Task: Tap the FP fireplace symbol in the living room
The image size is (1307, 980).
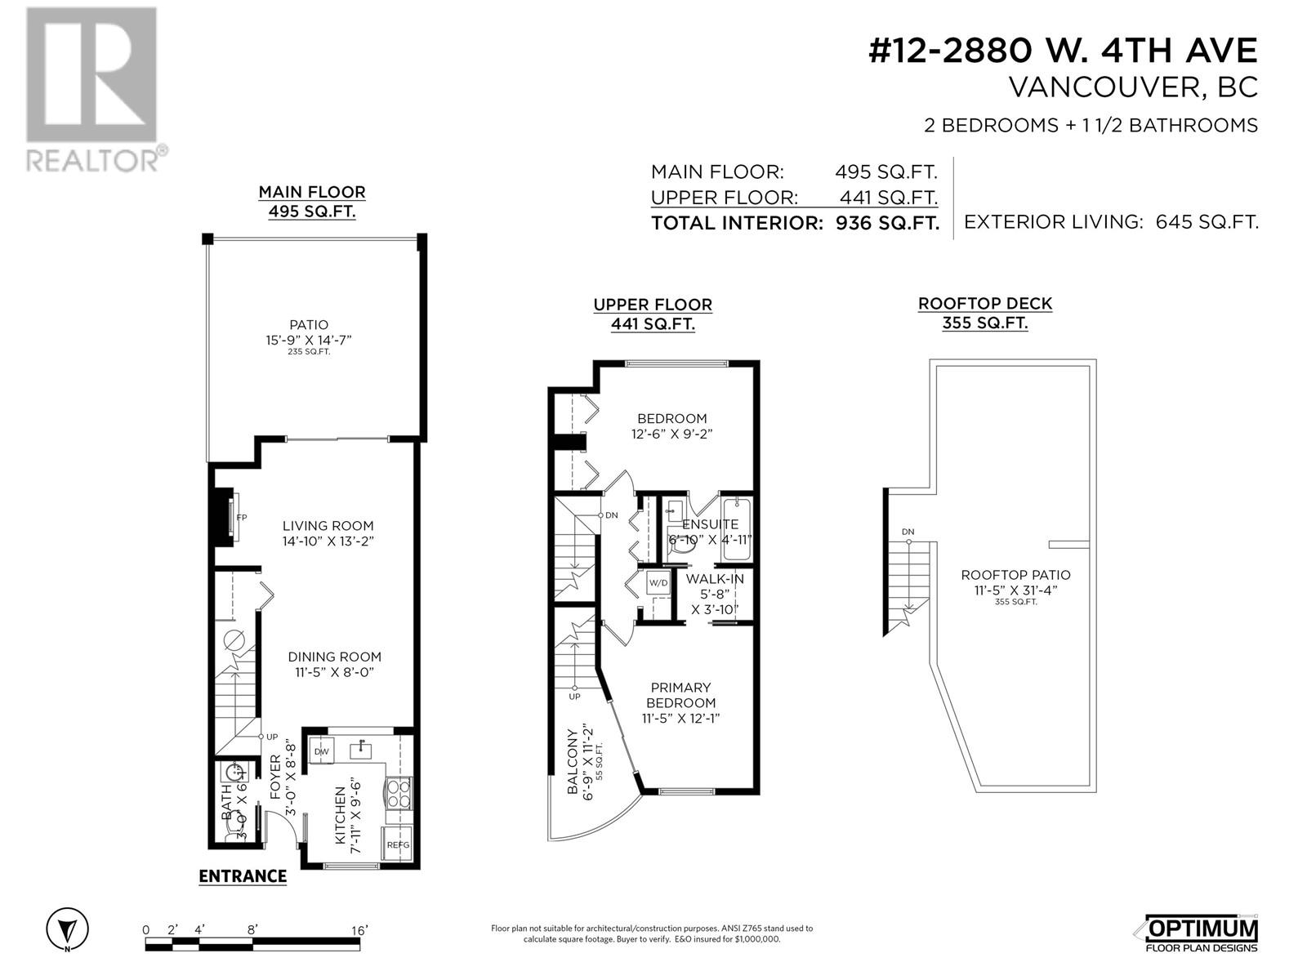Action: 241,518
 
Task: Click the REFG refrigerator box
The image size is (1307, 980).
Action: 398,844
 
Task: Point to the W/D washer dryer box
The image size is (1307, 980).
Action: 658,583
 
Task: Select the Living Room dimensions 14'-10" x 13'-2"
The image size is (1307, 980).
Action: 328,541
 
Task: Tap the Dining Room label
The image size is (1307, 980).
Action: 334,657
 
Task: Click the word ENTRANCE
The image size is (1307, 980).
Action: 243,876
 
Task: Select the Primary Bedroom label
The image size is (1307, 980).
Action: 680,695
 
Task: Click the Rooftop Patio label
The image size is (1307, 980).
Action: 1015,575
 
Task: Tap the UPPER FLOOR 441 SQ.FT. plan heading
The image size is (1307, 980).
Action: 652,314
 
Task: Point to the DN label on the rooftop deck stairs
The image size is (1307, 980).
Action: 908,532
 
